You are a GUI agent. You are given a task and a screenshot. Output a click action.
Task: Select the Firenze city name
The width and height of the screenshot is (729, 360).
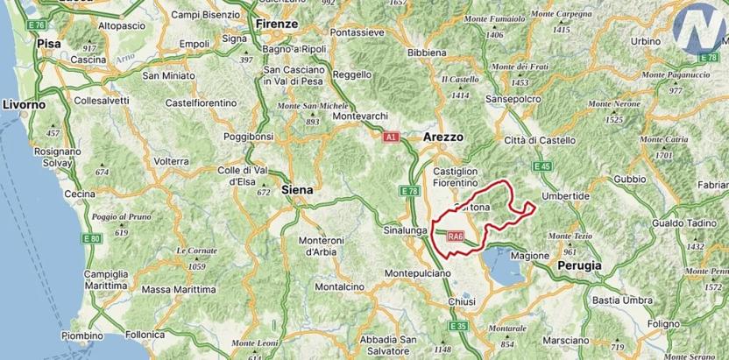(x=277, y=24)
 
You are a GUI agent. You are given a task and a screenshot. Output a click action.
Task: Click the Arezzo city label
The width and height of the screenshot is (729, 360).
(x=442, y=138)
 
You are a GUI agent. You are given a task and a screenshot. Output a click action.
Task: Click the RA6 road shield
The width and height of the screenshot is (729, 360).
(x=454, y=236)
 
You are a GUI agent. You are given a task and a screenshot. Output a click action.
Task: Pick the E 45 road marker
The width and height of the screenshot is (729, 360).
(x=542, y=166)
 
